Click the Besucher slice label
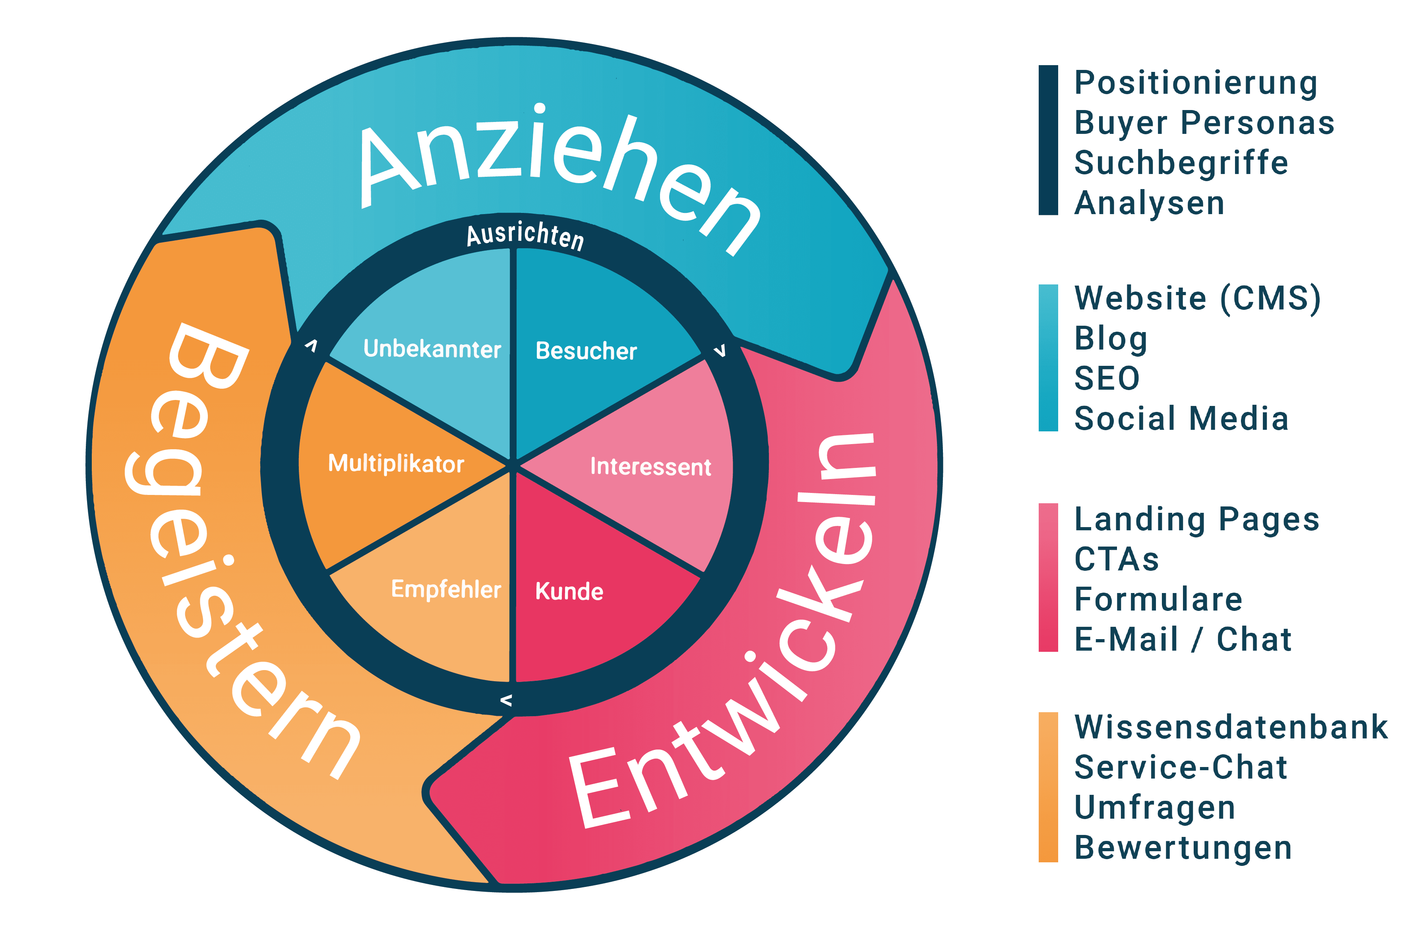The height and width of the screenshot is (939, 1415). (x=585, y=351)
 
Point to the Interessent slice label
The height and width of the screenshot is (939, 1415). (x=650, y=466)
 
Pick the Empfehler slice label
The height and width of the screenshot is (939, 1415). (x=446, y=589)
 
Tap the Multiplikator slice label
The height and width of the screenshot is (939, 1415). (x=396, y=464)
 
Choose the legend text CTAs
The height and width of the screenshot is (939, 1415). (x=1116, y=559)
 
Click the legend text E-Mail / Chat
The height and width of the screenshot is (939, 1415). (x=1182, y=639)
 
